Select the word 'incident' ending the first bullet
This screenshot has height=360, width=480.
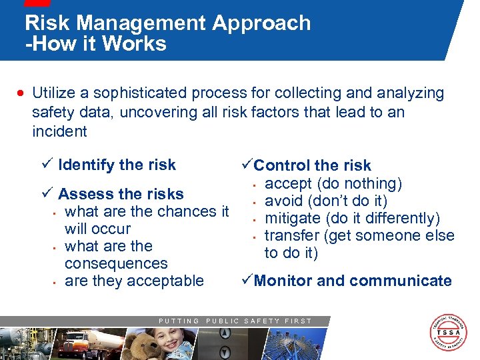[59, 131]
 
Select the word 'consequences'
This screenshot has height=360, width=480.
[116, 263]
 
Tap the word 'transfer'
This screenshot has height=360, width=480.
[291, 235]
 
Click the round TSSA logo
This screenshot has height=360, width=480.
[448, 332]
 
